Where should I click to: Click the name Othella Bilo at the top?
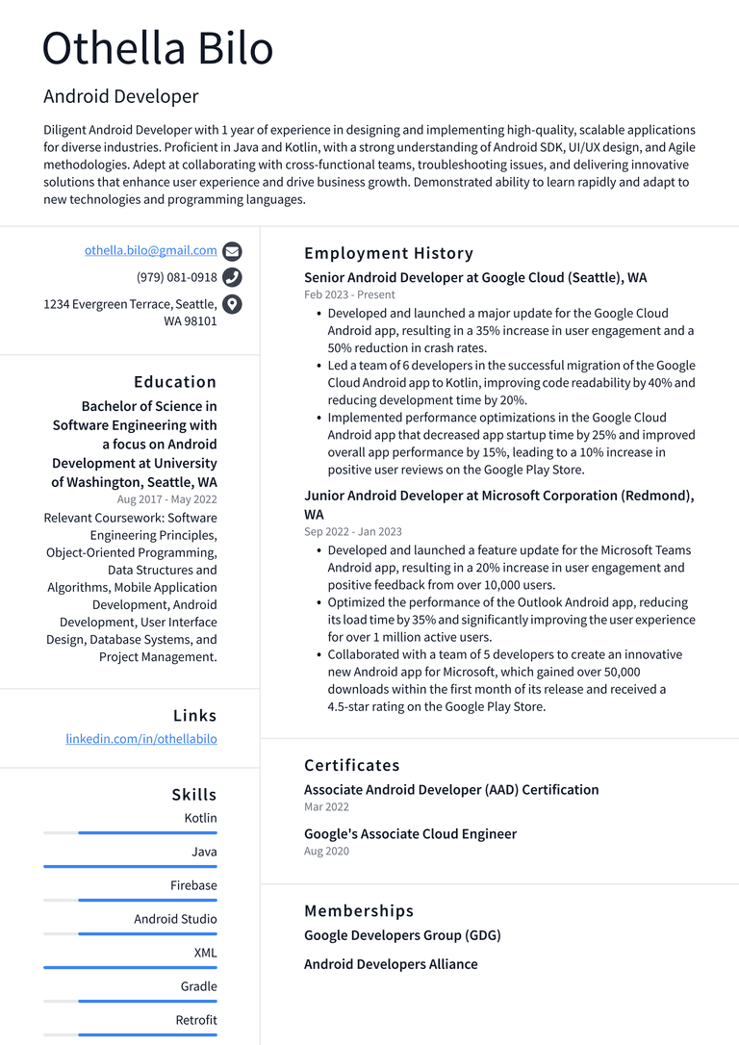click(x=158, y=48)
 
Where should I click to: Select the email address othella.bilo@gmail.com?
click(x=150, y=250)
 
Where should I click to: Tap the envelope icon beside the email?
click(x=232, y=252)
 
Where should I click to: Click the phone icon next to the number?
click(x=232, y=278)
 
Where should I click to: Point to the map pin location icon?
click(x=232, y=305)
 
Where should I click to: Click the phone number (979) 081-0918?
click(x=176, y=277)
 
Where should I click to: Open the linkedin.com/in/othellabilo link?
click(x=141, y=739)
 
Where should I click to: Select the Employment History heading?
click(x=389, y=253)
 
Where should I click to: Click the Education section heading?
click(x=175, y=382)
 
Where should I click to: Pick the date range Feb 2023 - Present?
click(x=349, y=295)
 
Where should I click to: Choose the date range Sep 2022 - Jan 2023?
click(x=353, y=531)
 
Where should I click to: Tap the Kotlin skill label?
click(x=200, y=818)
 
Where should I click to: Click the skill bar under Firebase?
click(x=130, y=900)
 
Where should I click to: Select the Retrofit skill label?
click(x=196, y=1020)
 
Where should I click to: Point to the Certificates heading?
click(x=351, y=765)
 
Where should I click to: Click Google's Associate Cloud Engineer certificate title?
click(x=410, y=833)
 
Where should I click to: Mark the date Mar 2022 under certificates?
click(x=326, y=807)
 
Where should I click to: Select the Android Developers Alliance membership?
click(x=391, y=964)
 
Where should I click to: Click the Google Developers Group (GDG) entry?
click(x=402, y=935)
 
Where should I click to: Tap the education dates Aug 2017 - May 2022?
click(x=166, y=499)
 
